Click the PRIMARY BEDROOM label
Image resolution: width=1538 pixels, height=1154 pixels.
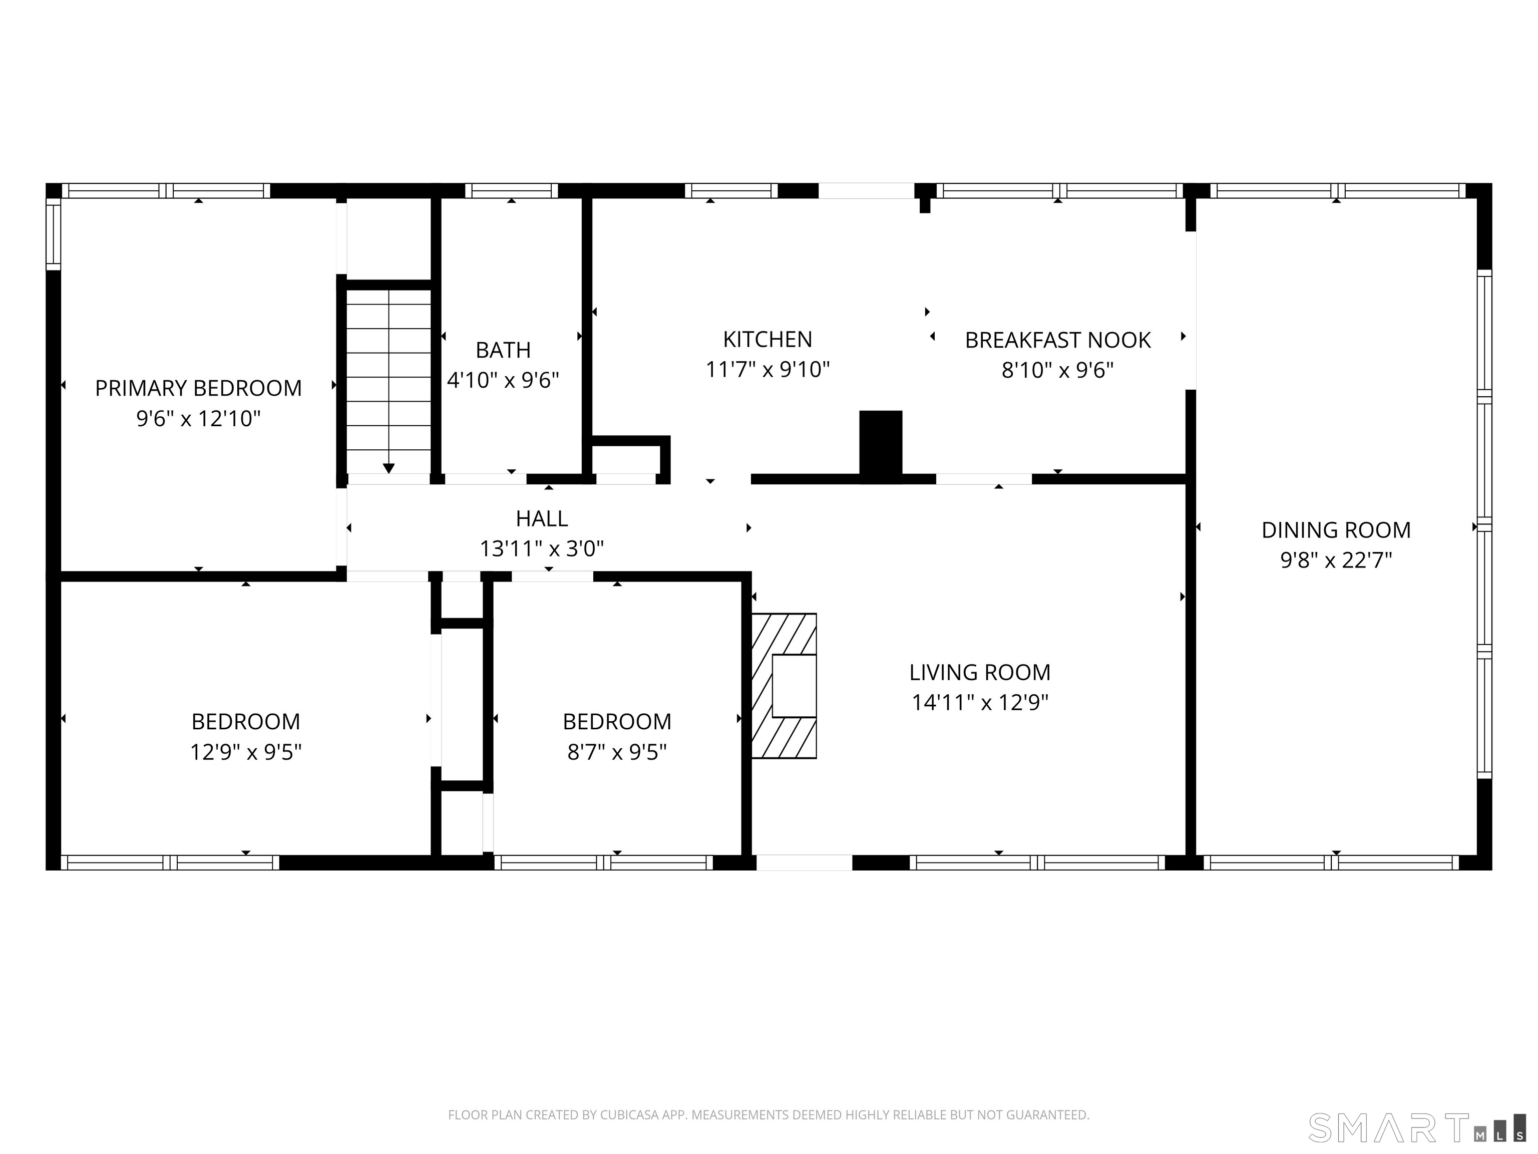click(x=198, y=388)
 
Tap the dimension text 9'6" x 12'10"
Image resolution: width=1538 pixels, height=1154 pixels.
click(x=198, y=419)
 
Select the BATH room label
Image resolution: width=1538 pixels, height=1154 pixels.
click(x=503, y=350)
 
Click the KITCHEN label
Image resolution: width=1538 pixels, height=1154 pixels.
click(x=767, y=340)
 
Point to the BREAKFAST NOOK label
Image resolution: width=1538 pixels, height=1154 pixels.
click(x=1057, y=340)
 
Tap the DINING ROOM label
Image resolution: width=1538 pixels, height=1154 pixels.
click(x=1336, y=530)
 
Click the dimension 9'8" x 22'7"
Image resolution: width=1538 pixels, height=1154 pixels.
click(x=1336, y=560)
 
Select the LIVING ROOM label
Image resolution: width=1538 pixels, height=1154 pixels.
click(x=980, y=673)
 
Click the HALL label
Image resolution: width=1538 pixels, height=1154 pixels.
click(x=542, y=518)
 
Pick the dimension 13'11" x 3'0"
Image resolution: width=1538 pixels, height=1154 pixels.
click(x=542, y=549)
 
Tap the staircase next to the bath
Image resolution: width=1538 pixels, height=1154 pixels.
click(x=389, y=381)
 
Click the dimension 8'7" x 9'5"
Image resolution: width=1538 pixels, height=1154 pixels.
click(x=617, y=752)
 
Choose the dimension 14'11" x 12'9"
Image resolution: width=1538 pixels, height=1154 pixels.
click(x=980, y=703)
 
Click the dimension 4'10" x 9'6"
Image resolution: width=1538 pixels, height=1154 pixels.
click(x=503, y=381)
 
